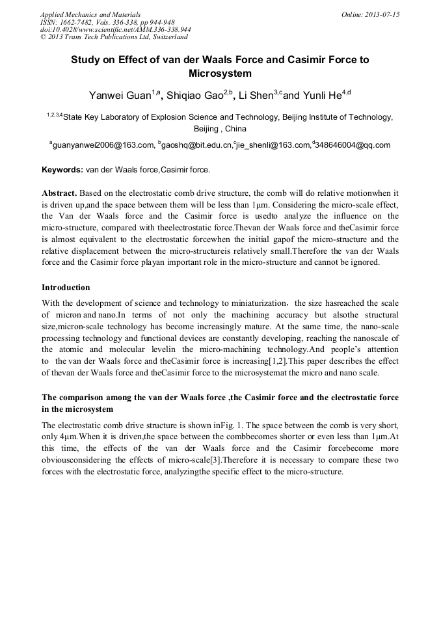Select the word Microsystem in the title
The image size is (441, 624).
pyautogui.click(x=220, y=74)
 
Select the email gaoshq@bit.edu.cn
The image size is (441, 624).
pyautogui.click(x=198, y=145)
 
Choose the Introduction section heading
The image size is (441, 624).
pyautogui.click(x=66, y=287)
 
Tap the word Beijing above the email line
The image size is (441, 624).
pyautogui.click(x=206, y=129)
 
